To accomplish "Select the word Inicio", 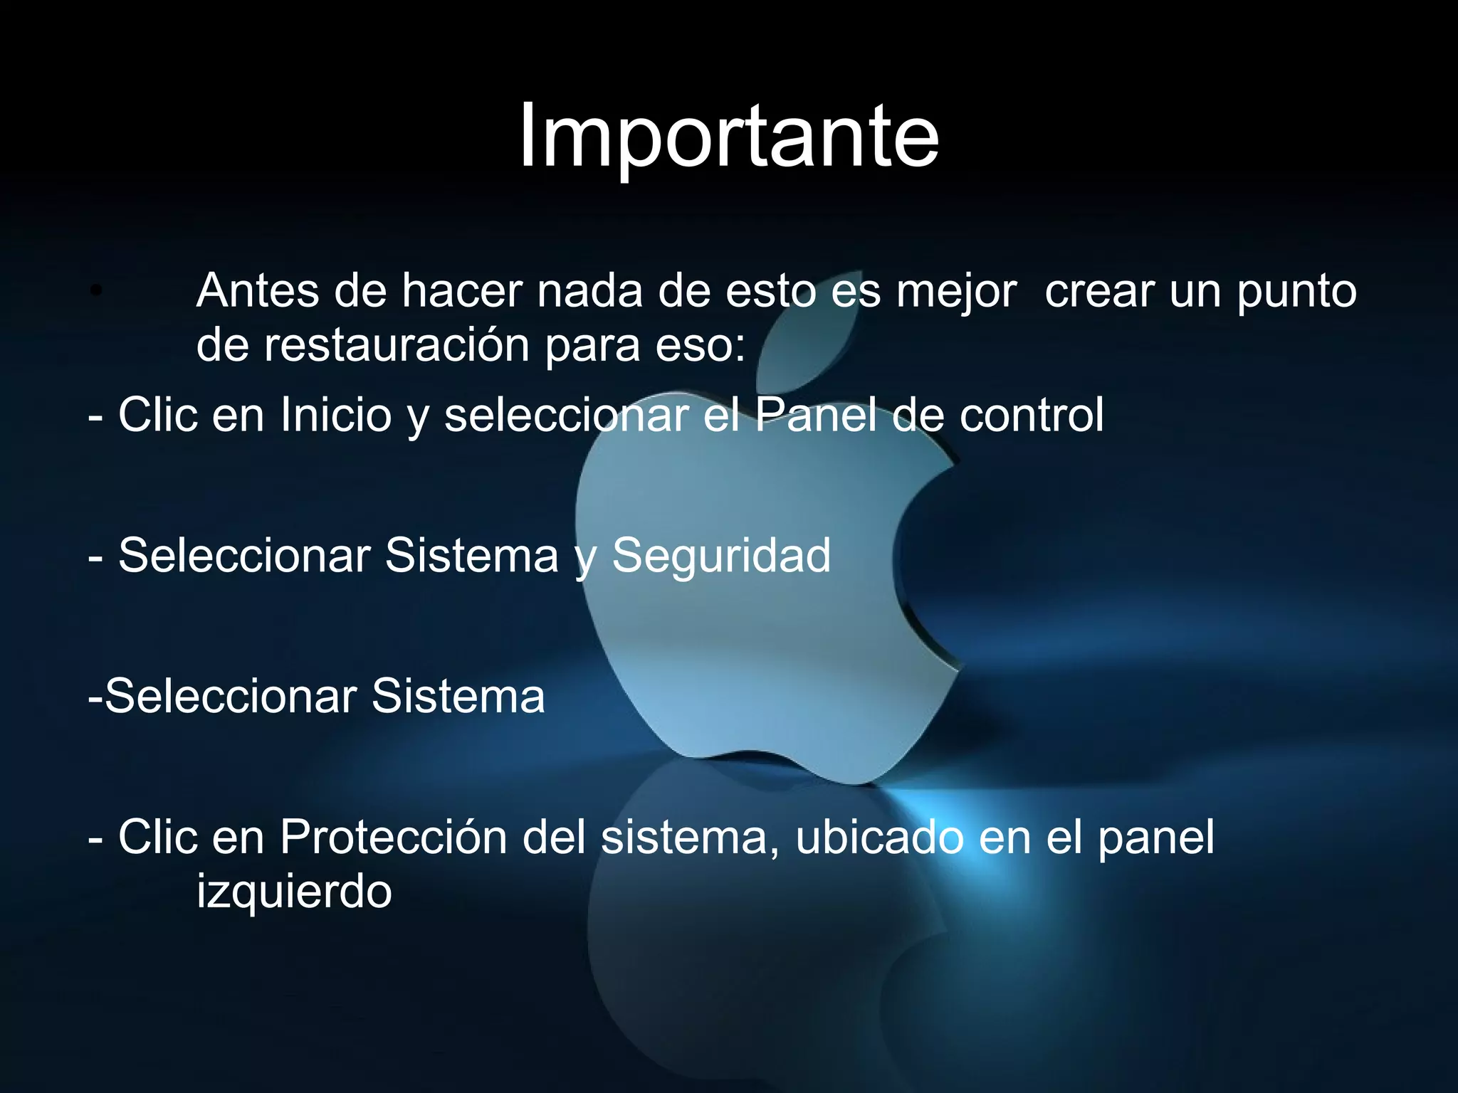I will click(x=336, y=414).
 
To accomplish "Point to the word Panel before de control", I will click(x=816, y=414).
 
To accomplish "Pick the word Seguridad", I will click(x=721, y=555).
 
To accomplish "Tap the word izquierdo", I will click(x=294, y=892).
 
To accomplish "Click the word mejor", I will click(x=956, y=292).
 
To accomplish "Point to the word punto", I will click(x=1296, y=292).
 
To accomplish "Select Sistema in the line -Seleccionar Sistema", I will click(x=458, y=696).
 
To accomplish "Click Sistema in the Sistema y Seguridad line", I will click(x=472, y=555).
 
